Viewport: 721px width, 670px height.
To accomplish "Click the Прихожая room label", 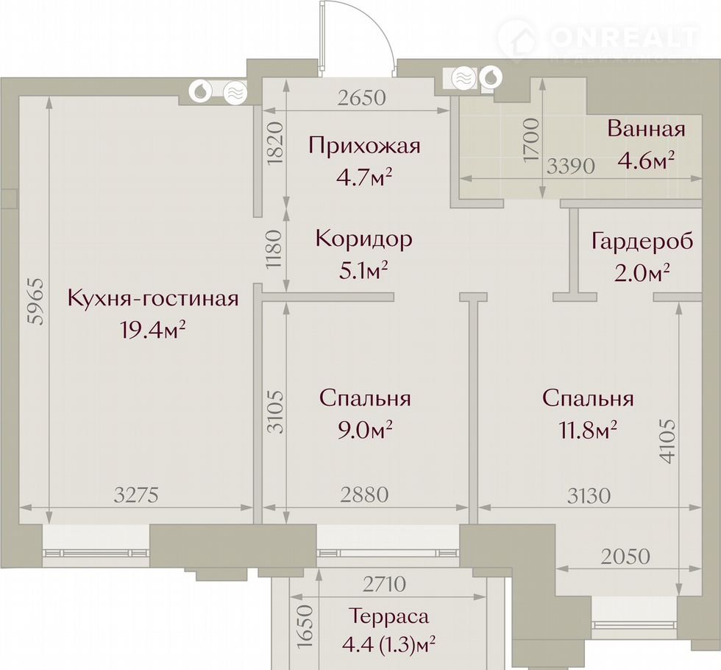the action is [365, 146].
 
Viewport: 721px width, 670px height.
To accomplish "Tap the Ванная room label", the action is [646, 129].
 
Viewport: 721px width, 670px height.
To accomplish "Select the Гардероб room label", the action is [642, 241].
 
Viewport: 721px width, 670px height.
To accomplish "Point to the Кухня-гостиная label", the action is [153, 298].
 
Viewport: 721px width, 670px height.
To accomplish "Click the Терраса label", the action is [388, 616].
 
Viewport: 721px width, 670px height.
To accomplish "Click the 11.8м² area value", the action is [588, 430].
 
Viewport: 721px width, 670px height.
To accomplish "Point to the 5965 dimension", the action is [36, 301].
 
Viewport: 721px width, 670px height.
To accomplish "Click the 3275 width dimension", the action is [136, 496].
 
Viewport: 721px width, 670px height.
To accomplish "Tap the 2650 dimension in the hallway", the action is [361, 98].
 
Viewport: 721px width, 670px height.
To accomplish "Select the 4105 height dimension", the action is [667, 441].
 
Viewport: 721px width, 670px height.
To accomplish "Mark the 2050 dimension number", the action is [625, 557].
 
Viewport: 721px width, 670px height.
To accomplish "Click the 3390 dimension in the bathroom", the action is [571, 166].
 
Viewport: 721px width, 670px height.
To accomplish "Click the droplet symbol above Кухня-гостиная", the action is [201, 91].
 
